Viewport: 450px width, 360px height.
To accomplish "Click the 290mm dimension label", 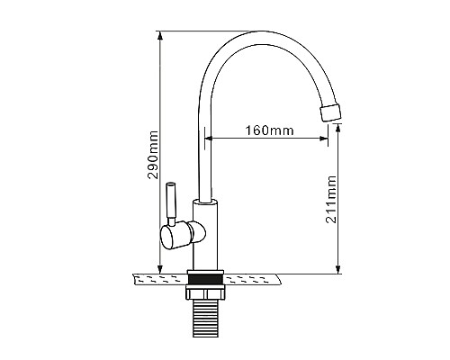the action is coord(154,155).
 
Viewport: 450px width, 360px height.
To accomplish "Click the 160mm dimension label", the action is coord(269,130).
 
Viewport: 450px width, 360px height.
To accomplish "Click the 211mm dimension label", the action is coord(331,199).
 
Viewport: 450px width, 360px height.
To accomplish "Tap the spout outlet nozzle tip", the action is coord(331,112).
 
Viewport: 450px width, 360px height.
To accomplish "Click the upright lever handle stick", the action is coord(170,203).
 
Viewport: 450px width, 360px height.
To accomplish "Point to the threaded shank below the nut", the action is coord(205,318).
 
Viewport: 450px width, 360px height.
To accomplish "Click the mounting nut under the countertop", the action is coord(205,292).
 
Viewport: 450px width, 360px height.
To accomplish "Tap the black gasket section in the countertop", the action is coord(205,279).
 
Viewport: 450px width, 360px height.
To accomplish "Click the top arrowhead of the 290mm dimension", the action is coord(160,36).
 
